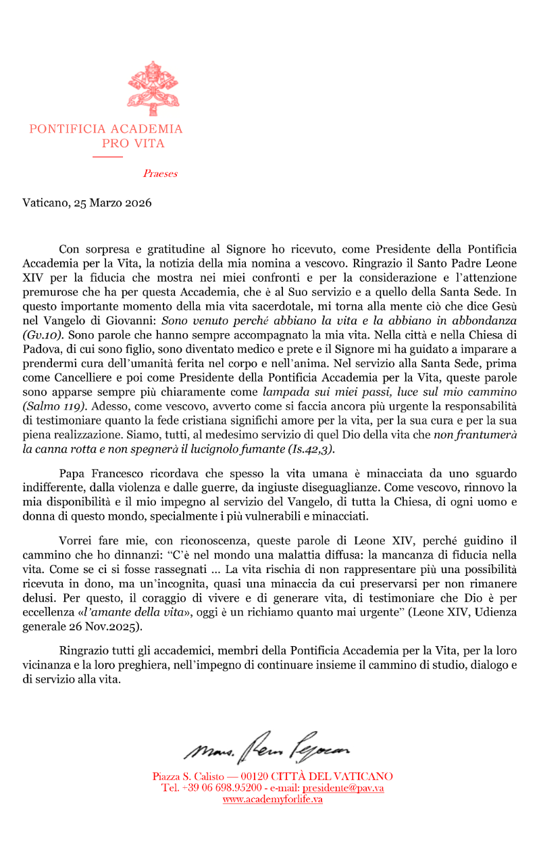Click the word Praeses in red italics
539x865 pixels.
coord(160,174)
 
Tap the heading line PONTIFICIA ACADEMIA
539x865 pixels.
coord(106,128)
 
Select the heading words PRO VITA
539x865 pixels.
coord(133,143)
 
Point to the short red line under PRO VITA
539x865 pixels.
coord(107,157)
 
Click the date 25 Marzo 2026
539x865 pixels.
coord(113,203)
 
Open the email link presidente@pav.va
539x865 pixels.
coord(343,788)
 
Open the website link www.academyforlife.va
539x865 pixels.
coord(272,799)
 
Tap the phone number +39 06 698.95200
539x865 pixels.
coord(222,788)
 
